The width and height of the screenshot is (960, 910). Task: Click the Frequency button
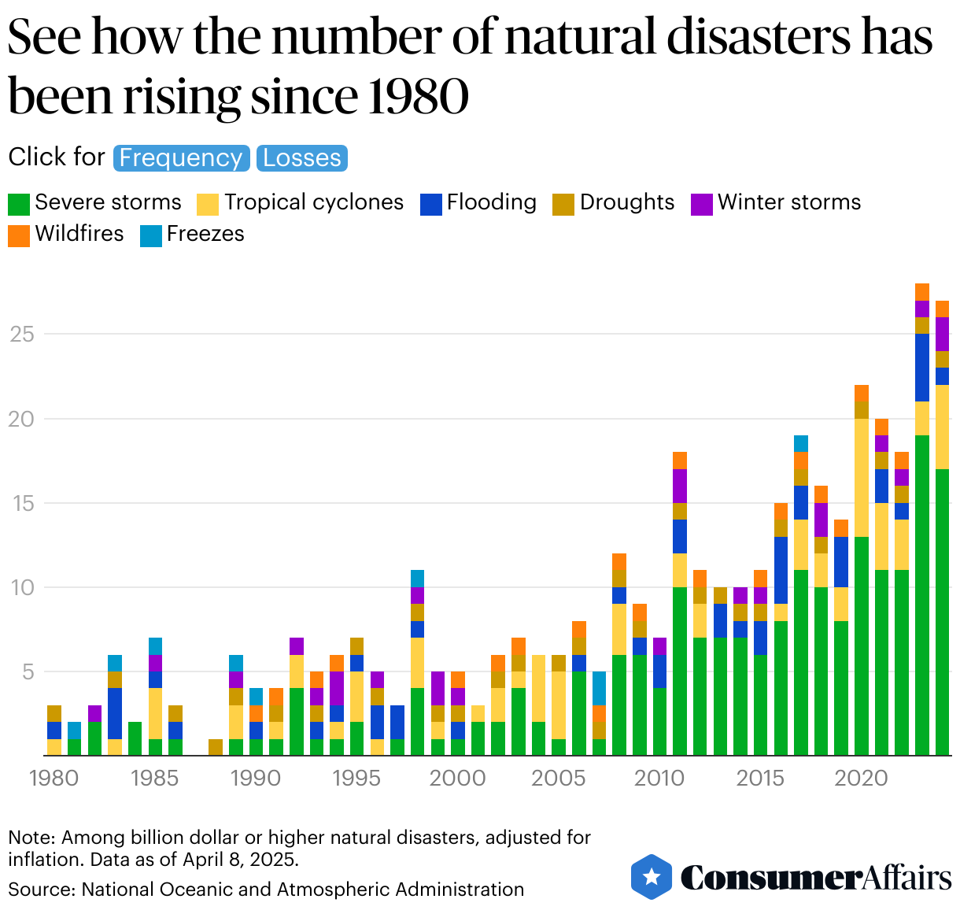181,158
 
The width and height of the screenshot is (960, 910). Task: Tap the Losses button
301,158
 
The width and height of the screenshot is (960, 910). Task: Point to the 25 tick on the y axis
21,335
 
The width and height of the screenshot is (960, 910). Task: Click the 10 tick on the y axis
21,587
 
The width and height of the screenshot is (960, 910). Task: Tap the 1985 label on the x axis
155,779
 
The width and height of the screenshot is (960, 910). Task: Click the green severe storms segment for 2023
921,595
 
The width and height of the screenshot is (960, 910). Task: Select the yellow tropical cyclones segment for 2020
862,478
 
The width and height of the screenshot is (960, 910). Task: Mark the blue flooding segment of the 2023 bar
921,368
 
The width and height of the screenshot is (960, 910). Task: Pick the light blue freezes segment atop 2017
801,443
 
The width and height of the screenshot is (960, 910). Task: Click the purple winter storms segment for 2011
680,486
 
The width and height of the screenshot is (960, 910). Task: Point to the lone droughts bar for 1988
216,748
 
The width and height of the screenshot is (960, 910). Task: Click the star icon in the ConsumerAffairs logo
652,877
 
